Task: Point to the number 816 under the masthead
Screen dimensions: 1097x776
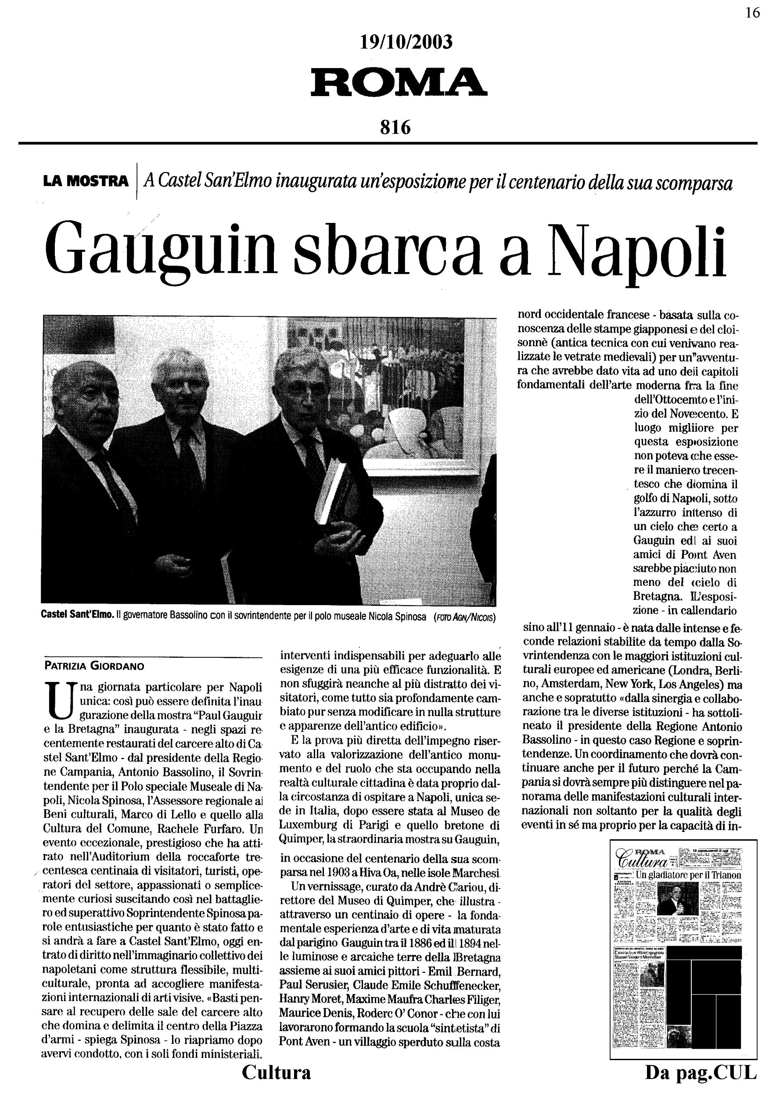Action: click(x=395, y=127)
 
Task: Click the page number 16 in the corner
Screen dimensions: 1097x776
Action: click(x=752, y=13)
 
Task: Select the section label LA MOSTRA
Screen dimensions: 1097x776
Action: click(x=86, y=182)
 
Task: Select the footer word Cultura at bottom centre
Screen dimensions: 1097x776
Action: click(x=276, y=1072)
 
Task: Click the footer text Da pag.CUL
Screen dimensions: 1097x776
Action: click(x=701, y=1072)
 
